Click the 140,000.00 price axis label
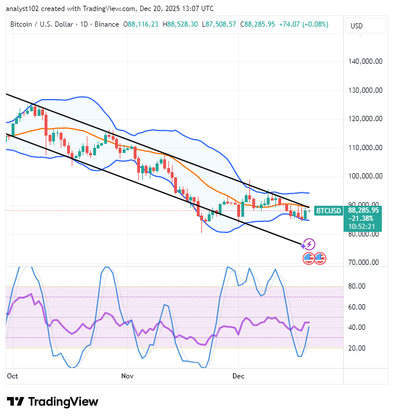click(x=363, y=61)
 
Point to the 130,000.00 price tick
click(x=363, y=90)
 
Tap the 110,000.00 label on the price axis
click(x=363, y=148)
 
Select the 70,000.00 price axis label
click(x=363, y=263)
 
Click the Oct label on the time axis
click(x=12, y=376)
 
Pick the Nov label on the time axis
click(x=127, y=376)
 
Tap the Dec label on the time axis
click(x=238, y=376)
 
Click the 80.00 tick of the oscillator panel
click(x=356, y=286)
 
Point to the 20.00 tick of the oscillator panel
click(x=356, y=348)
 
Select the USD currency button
click(x=357, y=26)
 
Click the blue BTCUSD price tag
click(x=328, y=211)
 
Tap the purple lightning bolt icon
click(x=310, y=245)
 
